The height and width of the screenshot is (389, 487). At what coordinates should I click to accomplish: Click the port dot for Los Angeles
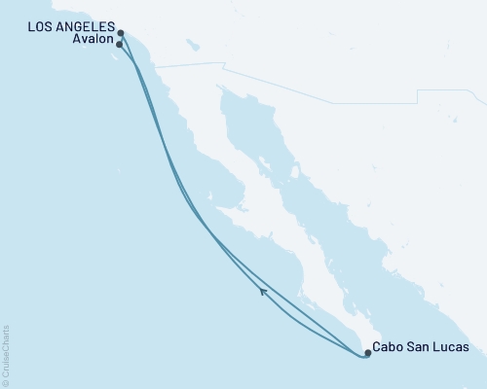121,33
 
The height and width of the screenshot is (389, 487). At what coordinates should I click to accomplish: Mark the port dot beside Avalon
119,44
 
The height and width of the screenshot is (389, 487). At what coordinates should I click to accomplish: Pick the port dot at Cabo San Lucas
367,353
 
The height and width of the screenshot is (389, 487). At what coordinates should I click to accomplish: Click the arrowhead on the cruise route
263,290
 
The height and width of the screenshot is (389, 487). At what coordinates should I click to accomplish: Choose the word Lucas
451,347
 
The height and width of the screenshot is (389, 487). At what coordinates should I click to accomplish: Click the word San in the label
420,347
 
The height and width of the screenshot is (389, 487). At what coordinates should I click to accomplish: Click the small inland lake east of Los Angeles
194,45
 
